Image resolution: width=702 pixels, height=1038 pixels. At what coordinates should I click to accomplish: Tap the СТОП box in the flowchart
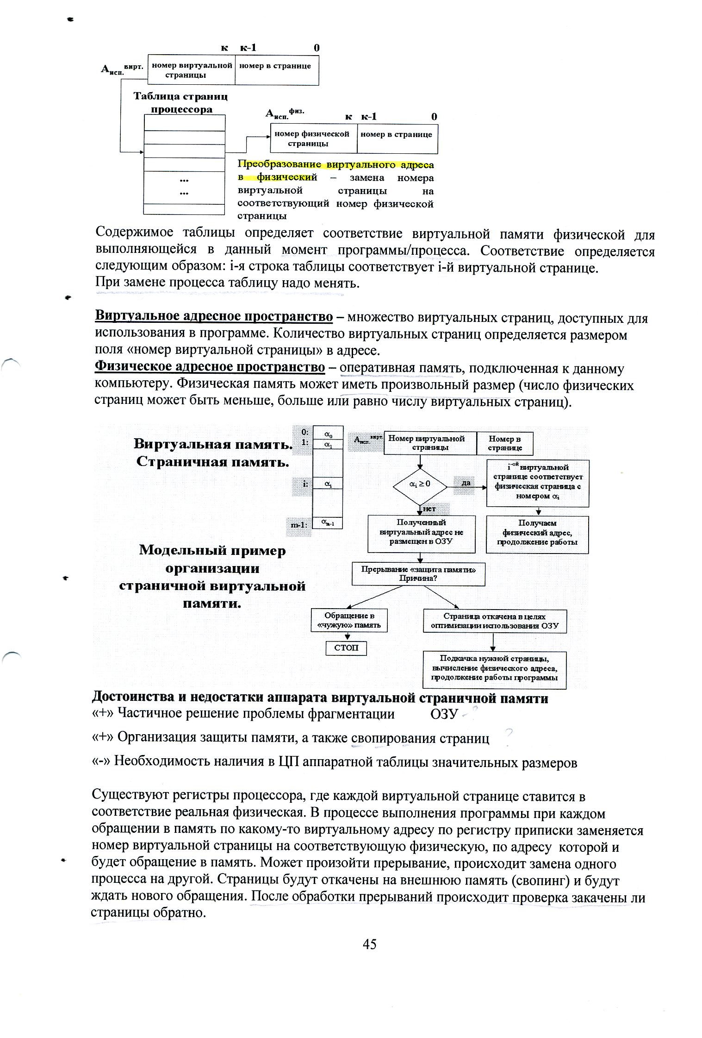tap(346, 648)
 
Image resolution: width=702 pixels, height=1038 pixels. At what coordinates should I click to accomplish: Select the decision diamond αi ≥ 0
tap(420, 484)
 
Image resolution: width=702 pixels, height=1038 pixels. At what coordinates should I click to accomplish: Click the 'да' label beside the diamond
tap(466, 483)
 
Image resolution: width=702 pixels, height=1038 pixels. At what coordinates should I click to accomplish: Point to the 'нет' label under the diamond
tap(429, 509)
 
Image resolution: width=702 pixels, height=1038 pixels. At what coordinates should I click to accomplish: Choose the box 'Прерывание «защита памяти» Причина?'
tap(419, 573)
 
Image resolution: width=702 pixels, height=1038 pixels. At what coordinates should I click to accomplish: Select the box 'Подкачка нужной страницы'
tap(494, 669)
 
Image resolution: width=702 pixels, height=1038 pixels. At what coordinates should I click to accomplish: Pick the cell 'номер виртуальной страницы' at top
tap(191, 70)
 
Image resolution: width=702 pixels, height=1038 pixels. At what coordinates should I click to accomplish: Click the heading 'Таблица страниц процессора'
tap(181, 103)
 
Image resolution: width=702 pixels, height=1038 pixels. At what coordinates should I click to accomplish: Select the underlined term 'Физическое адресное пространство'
tap(210, 367)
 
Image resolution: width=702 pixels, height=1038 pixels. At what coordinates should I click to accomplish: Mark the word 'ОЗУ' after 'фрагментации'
tap(444, 714)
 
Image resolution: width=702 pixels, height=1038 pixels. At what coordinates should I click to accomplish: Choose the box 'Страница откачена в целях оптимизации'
tap(494, 622)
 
